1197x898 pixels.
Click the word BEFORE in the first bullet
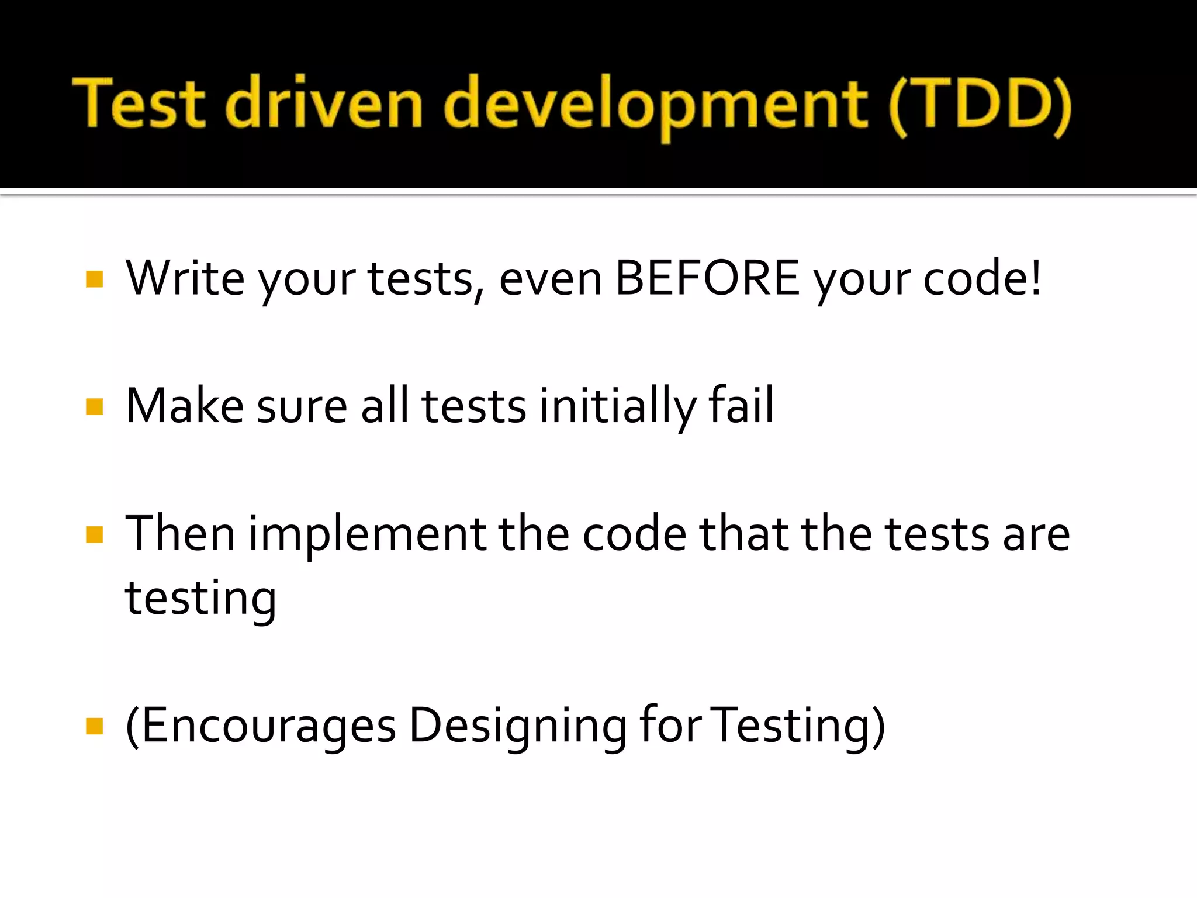(x=707, y=278)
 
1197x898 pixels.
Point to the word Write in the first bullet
(x=185, y=278)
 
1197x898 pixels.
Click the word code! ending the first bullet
(x=982, y=278)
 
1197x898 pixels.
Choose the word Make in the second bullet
(x=185, y=406)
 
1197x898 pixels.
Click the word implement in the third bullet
(x=368, y=534)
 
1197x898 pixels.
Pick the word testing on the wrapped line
(x=200, y=599)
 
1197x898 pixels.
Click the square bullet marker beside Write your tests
(x=94, y=279)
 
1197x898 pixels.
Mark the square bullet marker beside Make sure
(x=94, y=406)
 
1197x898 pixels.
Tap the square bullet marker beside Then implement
(x=94, y=534)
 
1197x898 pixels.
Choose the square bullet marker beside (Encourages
(x=94, y=726)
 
